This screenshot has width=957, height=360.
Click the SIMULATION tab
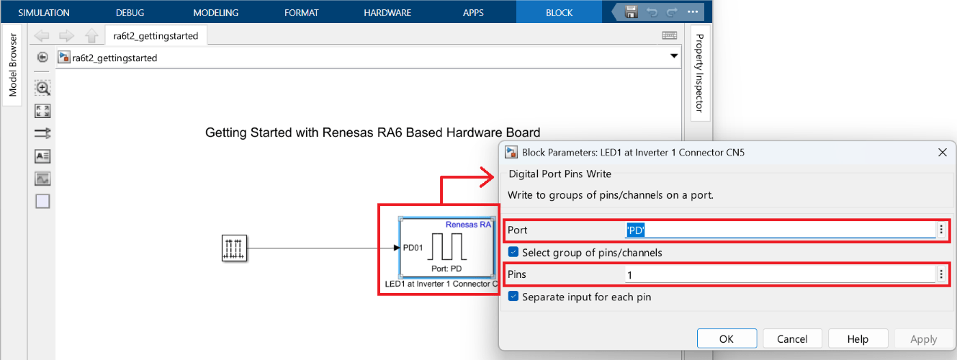44,12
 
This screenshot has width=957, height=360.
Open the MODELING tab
216,12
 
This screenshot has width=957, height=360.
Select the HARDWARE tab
387,12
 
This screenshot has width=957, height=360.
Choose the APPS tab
473,12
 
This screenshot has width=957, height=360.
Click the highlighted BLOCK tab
560,12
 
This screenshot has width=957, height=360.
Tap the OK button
727,338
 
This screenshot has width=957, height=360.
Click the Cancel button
792,338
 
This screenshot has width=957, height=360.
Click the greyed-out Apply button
924,338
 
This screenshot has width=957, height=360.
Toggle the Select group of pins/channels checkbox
513,252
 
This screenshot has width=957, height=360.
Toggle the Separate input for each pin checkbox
513,297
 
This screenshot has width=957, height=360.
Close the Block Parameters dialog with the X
942,152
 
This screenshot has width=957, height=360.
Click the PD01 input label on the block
413,248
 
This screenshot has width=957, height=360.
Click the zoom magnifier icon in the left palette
42,88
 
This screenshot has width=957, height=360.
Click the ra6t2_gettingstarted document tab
156,35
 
